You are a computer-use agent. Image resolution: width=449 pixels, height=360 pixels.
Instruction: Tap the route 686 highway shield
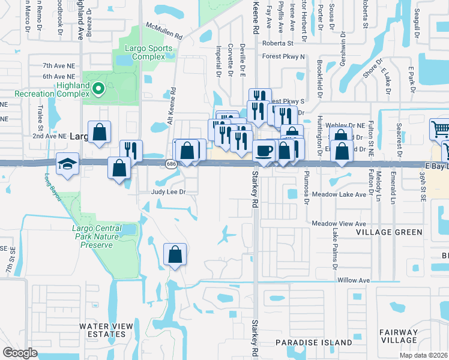click(170, 163)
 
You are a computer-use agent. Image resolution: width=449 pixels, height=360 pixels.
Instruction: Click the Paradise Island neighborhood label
click(314, 343)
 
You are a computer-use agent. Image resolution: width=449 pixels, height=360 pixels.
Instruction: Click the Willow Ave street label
click(355, 280)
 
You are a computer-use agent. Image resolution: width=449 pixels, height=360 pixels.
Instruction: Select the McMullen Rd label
click(163, 31)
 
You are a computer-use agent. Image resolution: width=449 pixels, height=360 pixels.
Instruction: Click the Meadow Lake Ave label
click(339, 194)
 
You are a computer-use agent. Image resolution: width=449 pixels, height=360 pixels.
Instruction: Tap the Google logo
click(20, 352)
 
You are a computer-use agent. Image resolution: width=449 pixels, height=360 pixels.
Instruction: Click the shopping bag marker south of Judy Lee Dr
click(175, 254)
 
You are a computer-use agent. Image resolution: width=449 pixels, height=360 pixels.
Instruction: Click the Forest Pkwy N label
click(283, 57)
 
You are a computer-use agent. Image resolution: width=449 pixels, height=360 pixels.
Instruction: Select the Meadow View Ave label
click(339, 223)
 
